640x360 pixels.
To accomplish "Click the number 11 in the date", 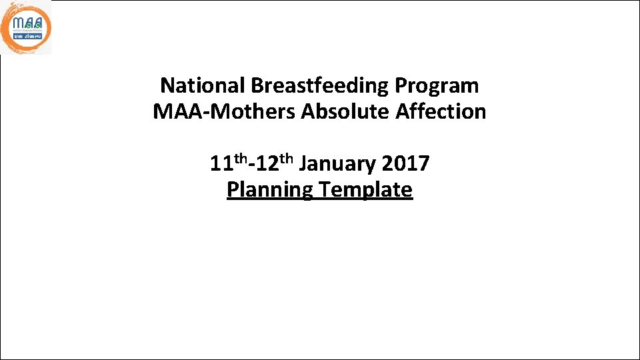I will [221, 164].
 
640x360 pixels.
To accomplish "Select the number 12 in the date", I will [260, 164].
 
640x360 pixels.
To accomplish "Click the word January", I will [337, 164].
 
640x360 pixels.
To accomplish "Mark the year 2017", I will [406, 164].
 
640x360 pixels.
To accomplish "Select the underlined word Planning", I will [269, 190].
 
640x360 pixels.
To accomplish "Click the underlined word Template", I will [365, 190].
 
